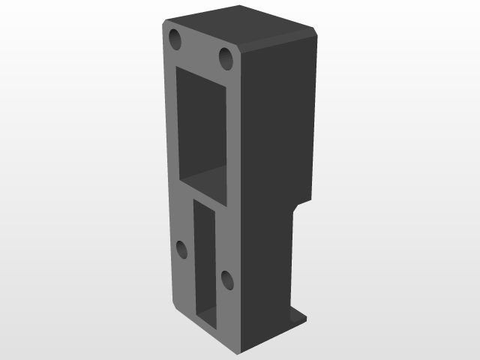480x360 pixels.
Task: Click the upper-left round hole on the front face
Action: point(175,39)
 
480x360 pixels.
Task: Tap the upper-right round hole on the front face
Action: point(226,56)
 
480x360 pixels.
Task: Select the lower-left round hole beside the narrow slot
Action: point(182,250)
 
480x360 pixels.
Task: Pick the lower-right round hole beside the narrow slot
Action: point(226,280)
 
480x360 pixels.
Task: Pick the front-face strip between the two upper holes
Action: point(200,48)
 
